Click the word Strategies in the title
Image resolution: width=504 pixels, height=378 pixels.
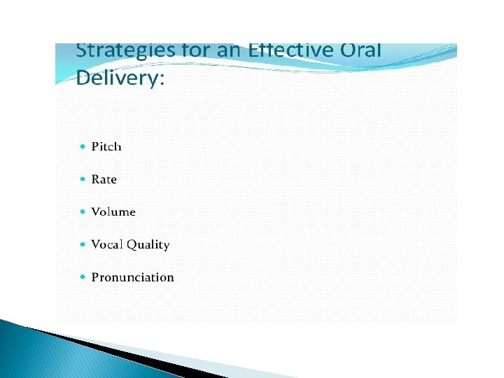click(125, 52)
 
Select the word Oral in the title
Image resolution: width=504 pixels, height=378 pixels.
click(360, 50)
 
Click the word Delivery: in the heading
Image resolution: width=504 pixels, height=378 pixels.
click(120, 78)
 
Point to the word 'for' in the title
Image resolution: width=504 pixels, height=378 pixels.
click(197, 50)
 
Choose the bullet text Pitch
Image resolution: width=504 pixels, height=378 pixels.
click(106, 146)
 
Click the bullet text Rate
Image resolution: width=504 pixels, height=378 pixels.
click(104, 179)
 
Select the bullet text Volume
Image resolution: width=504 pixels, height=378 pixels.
click(113, 212)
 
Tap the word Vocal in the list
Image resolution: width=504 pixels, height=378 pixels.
click(107, 244)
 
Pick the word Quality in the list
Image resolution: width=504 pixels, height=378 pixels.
click(148, 245)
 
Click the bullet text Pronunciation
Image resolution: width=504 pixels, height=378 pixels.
click(133, 277)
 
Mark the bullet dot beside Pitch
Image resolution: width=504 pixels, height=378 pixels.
click(83, 146)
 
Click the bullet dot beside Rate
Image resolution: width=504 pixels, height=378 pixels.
click(83, 179)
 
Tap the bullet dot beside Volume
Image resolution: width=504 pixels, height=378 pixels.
click(83, 211)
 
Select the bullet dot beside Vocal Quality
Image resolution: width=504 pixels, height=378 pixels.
click(83, 244)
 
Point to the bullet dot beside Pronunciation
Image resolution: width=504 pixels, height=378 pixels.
click(83, 276)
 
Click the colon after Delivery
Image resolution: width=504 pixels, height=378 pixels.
click(162, 80)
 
